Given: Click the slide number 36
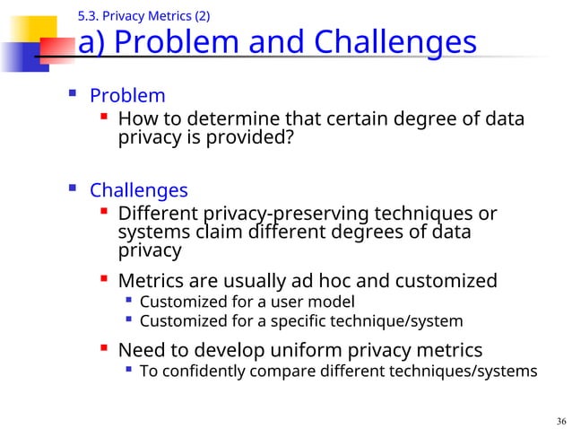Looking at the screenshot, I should coord(561,421).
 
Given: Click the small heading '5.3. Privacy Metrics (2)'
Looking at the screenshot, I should coord(144,14).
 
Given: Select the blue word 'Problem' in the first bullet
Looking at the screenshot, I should coord(127,96).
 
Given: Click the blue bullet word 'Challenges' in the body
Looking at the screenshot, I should coord(138,190).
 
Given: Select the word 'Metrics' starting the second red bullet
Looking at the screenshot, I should coord(153,281).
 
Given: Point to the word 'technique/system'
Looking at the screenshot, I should coord(403,320).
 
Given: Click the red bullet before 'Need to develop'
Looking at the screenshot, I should coord(104,348).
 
